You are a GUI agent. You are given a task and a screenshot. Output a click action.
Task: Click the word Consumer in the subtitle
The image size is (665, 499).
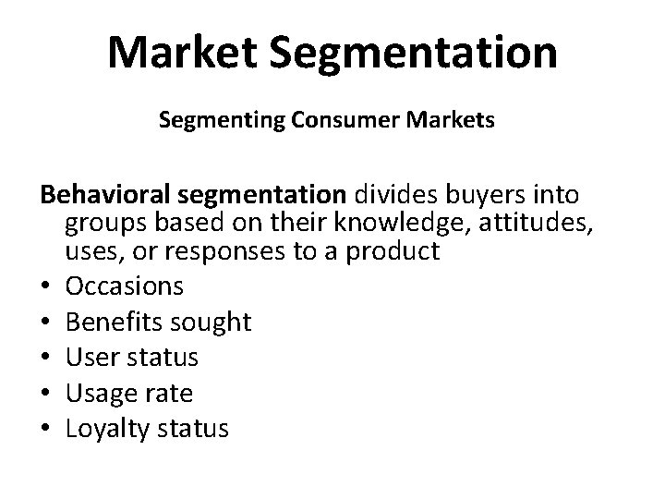click(323, 121)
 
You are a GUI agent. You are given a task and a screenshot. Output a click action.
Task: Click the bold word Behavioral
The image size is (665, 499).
click(110, 196)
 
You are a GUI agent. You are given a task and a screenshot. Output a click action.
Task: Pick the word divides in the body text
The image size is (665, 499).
click(402, 196)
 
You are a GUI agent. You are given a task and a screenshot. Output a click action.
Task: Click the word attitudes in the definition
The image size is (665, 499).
click(541, 223)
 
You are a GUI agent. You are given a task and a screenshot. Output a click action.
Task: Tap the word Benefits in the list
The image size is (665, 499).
click(110, 322)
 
